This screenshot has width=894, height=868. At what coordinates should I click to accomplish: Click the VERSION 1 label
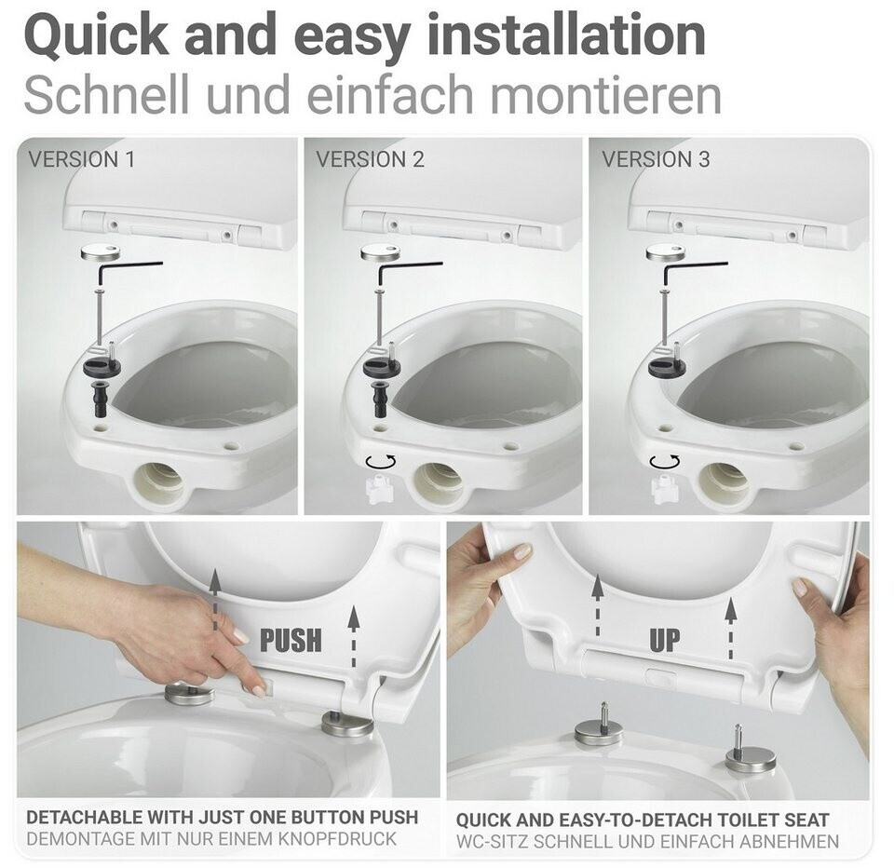(x=82, y=159)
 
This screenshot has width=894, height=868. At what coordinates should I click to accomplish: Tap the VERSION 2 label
(x=370, y=159)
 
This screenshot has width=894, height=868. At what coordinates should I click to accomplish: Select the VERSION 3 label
(x=656, y=159)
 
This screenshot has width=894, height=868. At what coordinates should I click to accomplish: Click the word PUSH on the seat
(x=291, y=640)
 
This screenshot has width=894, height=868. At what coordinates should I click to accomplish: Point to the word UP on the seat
(x=665, y=640)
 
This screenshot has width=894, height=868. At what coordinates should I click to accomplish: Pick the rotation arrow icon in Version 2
(x=380, y=461)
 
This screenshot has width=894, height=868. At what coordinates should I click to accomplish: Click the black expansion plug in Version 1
(x=101, y=398)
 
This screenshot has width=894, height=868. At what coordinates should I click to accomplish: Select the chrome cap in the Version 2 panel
(x=381, y=252)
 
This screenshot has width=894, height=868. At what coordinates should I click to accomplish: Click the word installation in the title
(x=566, y=35)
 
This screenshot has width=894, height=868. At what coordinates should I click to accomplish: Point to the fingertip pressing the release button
(x=258, y=691)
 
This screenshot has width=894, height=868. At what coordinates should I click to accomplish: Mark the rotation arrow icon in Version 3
(x=665, y=461)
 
